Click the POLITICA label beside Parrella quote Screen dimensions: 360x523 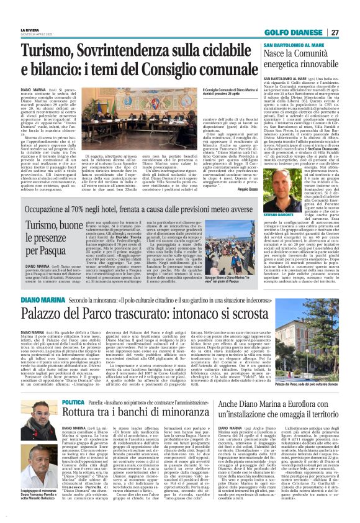73,386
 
